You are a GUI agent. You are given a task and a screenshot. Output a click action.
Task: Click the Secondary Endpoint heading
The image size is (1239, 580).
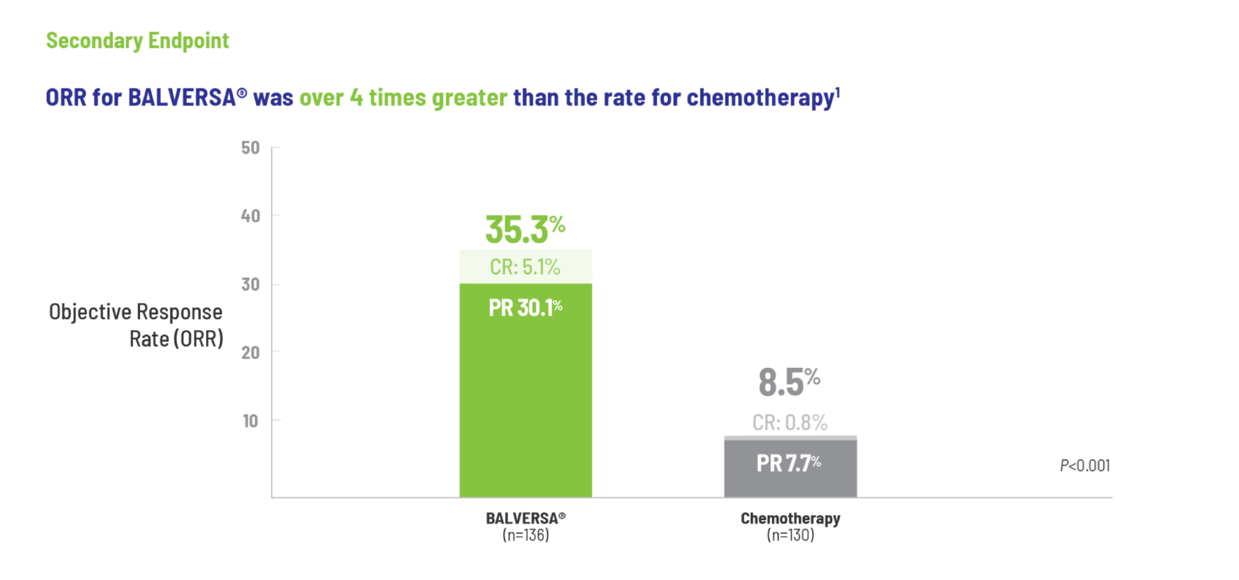[137, 41]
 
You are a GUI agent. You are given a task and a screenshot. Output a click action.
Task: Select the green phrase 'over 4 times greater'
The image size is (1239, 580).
[403, 97]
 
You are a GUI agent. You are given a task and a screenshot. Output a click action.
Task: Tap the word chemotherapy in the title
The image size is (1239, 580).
[760, 97]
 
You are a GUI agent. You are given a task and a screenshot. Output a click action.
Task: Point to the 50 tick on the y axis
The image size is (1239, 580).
[250, 148]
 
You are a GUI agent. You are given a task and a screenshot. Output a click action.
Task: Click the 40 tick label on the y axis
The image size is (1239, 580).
[250, 216]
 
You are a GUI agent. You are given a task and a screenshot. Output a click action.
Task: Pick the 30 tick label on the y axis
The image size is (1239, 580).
[250, 284]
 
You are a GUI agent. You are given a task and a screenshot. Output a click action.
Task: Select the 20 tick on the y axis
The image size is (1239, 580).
[250, 353]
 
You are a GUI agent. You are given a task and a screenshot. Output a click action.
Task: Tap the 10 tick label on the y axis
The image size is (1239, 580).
[250, 421]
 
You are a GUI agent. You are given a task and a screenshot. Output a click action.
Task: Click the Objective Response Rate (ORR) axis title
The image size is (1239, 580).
[136, 326]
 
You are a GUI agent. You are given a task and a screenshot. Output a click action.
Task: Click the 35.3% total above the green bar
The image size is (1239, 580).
[525, 229]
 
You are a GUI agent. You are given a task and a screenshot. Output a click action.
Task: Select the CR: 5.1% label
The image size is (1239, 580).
[525, 267]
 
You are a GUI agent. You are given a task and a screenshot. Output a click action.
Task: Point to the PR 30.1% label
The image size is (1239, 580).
[525, 308]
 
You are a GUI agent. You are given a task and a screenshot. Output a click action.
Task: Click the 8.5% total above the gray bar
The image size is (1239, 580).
[789, 382]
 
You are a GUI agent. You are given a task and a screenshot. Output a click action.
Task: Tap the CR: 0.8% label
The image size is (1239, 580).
[789, 422]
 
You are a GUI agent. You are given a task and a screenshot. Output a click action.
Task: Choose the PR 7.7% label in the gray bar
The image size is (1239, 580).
[788, 463]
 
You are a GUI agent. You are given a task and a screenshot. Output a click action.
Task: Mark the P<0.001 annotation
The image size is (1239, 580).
[1085, 466]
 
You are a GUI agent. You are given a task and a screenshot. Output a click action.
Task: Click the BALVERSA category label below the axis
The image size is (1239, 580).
[525, 518]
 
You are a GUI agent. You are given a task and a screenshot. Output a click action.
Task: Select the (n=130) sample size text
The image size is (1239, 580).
[790, 535]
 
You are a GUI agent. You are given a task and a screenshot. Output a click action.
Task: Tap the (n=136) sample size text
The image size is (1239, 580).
[525, 535]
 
